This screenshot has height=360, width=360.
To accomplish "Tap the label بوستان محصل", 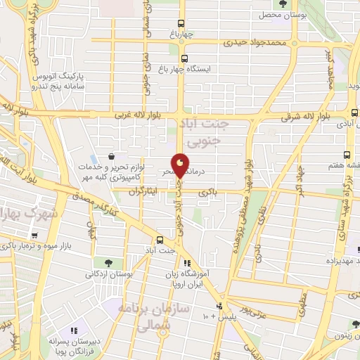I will (284, 15).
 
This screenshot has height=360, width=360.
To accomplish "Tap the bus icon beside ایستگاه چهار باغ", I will (184, 59).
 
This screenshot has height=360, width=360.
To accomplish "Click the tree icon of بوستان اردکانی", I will (108, 262).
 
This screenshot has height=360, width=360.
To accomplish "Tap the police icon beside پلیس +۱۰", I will (220, 306).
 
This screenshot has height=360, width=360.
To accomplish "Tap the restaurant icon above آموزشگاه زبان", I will (186, 262).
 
